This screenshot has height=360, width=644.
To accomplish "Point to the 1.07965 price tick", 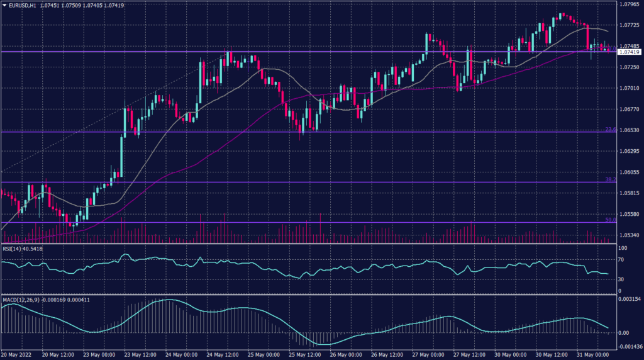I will click(x=630, y=4).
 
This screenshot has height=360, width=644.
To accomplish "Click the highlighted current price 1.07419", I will click(x=630, y=52).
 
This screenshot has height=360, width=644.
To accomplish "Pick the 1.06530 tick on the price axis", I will click(x=630, y=130).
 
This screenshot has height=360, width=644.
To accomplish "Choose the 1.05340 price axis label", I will click(x=630, y=235).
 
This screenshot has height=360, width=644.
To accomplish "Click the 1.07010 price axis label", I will click(x=630, y=88).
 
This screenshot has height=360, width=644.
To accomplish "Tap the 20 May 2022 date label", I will click(x=17, y=354).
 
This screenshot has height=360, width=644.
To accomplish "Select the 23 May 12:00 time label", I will click(x=140, y=354).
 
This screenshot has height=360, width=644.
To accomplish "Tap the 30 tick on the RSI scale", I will click(x=621, y=279).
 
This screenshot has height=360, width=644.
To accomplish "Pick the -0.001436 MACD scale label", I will click(x=630, y=347).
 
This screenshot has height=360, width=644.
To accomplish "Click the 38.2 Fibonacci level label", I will click(x=609, y=179).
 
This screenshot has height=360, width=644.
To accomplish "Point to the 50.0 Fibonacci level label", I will click(x=609, y=220).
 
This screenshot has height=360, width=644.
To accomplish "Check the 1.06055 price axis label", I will click(x=630, y=172).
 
